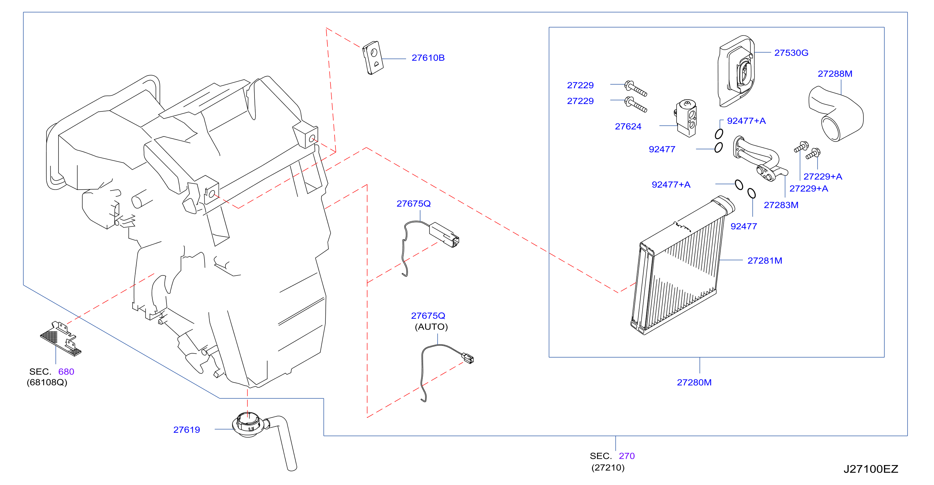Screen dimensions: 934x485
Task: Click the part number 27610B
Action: coord(428,58)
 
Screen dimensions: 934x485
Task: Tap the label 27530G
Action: coord(791,53)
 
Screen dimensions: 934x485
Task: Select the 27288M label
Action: coord(835,74)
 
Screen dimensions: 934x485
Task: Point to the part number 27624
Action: coord(628,126)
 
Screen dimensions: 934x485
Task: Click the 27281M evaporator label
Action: coord(765,260)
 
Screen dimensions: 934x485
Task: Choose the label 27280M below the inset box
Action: coord(694,382)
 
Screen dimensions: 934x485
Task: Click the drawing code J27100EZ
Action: coord(871,469)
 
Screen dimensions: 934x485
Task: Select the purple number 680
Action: coord(66,372)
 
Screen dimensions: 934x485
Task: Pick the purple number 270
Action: coord(627,456)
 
